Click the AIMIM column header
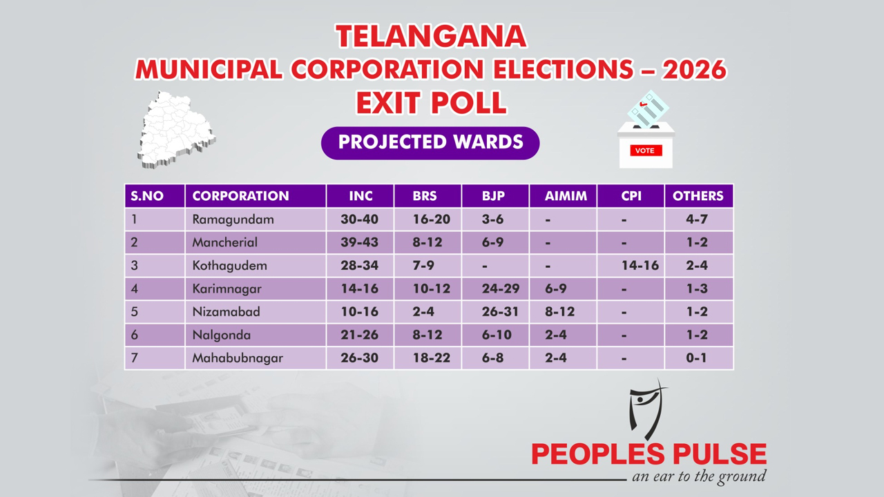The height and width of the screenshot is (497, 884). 566,196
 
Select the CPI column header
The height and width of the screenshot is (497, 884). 631,196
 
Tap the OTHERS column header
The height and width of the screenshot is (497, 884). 698,196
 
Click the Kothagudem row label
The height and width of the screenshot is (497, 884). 230,266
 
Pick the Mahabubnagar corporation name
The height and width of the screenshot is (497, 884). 238,358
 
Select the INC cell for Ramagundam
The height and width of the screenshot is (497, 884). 360,220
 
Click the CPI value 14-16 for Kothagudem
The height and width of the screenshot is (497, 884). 640,266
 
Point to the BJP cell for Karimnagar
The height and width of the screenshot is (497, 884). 501,289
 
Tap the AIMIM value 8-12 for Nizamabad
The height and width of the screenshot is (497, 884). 559,312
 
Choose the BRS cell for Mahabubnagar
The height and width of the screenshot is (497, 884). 432,358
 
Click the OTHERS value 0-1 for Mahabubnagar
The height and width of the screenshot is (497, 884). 697,358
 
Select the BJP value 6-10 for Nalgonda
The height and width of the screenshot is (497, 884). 497,335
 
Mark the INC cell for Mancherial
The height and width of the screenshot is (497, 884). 360,242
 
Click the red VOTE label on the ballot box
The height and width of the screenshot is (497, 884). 646,150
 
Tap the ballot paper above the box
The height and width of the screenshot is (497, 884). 648,109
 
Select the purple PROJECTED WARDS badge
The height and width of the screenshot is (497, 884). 430,143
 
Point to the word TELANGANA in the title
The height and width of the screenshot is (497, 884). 431,37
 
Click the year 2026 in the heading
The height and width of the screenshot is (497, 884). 694,70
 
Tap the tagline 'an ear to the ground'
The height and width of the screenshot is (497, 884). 699,477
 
